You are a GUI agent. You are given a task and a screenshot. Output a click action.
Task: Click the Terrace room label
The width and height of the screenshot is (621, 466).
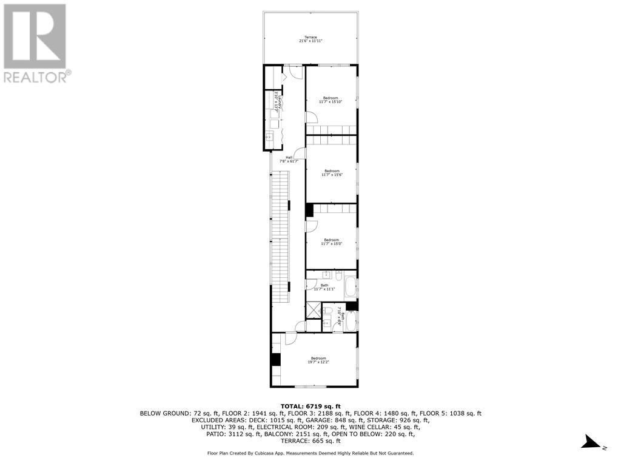(x=310, y=39)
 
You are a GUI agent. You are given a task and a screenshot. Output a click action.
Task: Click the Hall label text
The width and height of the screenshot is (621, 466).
(x=289, y=160)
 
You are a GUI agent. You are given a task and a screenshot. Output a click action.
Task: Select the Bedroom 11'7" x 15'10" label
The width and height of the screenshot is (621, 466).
(x=331, y=100)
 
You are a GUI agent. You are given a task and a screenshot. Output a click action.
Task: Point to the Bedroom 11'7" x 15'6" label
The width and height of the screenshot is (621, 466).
(x=331, y=172)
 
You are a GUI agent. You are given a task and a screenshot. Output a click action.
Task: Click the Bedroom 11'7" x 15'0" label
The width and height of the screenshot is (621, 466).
(x=331, y=241)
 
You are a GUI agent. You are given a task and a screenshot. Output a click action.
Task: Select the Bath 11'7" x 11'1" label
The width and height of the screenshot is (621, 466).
(x=324, y=287)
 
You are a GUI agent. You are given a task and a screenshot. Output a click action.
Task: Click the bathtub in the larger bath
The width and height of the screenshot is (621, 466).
(x=351, y=287)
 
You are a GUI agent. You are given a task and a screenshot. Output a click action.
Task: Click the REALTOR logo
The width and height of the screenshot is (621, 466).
(x=36, y=42)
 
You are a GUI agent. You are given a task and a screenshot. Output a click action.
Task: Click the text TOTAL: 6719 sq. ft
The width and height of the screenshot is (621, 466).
(x=310, y=406)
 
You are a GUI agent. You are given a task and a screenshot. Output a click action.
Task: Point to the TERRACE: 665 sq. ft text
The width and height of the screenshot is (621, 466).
(x=310, y=441)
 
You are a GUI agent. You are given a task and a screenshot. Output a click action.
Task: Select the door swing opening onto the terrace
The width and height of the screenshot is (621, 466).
(x=295, y=72)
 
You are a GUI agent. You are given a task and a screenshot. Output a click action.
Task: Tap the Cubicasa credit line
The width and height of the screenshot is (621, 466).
(x=310, y=453)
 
